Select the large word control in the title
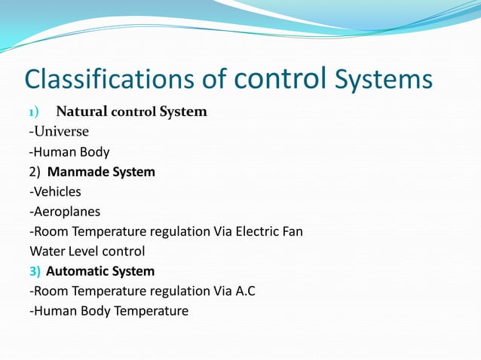[281, 78]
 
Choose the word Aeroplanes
[66, 212]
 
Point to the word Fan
[292, 231]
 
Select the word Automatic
[78, 271]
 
